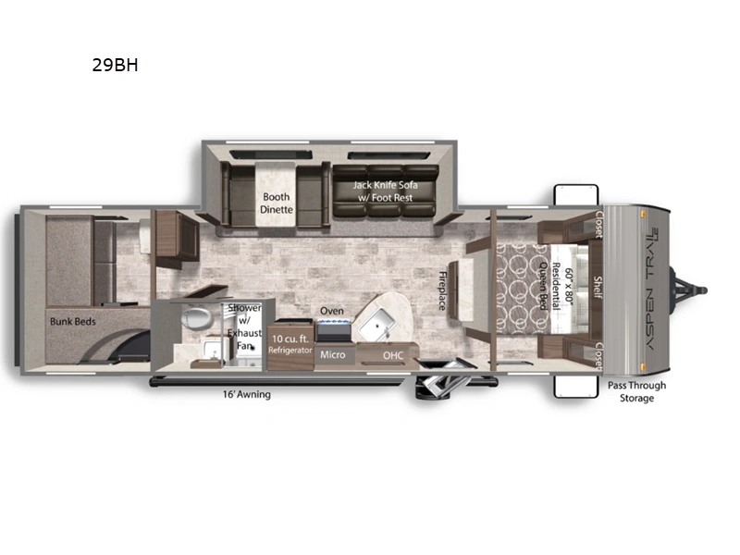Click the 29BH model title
tap(115, 65)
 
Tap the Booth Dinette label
tap(277, 203)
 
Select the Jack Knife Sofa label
tap(385, 191)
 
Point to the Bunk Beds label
tap(73, 321)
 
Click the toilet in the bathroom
tap(196, 318)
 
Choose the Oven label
tap(332, 311)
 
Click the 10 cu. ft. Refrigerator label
tap(290, 344)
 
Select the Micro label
tap(333, 354)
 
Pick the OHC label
tap(393, 355)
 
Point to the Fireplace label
tap(442, 290)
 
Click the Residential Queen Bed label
tap(556, 287)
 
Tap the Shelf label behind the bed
tap(598, 288)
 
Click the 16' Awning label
tap(247, 394)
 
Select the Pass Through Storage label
tap(636, 391)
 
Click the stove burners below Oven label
tap(334, 322)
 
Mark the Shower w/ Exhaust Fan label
tap(244, 327)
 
